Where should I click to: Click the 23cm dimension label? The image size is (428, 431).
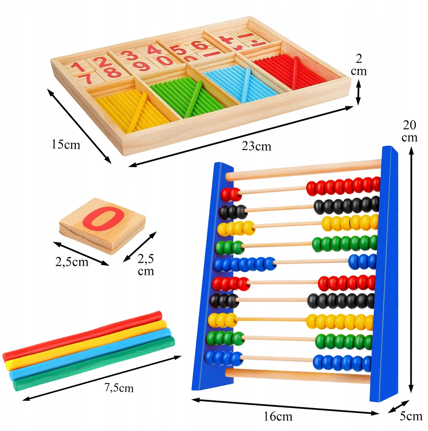(256, 146)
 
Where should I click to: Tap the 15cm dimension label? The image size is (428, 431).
(66, 144)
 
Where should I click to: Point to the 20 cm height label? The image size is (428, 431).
(409, 131)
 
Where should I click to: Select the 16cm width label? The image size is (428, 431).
(278, 416)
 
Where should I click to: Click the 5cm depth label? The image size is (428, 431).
(411, 416)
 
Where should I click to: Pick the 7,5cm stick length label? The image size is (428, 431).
(119, 388)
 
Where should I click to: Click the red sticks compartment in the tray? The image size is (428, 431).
(291, 71)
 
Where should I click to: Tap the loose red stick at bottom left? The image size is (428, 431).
(82, 336)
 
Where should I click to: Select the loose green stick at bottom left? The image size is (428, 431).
(94, 363)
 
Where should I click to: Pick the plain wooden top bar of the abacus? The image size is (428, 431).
(304, 170)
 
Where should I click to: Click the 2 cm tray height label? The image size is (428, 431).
(359, 65)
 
